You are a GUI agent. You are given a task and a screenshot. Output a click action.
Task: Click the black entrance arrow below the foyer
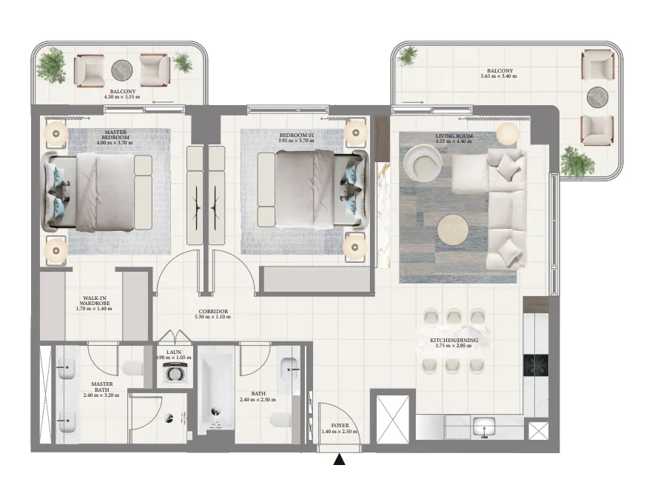point(340,459)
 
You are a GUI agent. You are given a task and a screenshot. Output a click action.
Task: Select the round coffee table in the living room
point(453,229)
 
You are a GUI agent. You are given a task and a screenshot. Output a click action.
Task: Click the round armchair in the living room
point(422,163)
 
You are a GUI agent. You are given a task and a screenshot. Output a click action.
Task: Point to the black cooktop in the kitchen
point(536,365)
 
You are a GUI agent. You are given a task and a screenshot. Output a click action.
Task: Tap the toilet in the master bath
point(132,367)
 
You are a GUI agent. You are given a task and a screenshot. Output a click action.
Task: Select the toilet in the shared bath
point(280,420)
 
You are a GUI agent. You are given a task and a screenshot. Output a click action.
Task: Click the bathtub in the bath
point(216,390)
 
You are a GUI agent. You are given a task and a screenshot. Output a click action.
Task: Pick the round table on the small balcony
point(122,70)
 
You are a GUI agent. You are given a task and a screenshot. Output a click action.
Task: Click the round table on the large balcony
point(598,96)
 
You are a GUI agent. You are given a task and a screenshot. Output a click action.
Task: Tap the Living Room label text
point(454,136)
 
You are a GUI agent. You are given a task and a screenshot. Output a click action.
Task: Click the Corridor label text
point(213,312)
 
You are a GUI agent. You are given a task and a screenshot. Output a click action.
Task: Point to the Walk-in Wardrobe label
point(95,301)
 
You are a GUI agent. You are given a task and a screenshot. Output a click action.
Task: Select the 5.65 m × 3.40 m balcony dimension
point(499,76)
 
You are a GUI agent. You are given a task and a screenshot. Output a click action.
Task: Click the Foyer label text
point(340,425)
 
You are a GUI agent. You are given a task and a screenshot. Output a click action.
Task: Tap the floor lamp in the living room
point(507,133)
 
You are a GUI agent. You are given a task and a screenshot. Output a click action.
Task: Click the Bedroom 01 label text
point(296,135)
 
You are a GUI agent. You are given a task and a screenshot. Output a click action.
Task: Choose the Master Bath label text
point(102,387)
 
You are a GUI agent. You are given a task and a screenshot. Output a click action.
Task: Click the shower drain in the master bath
point(169,418)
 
